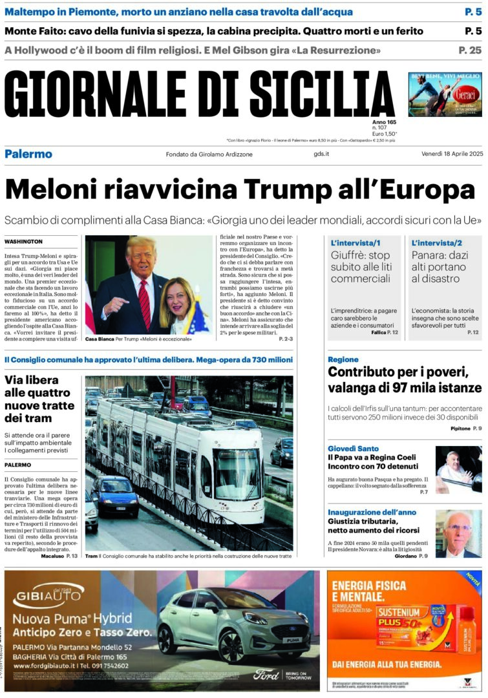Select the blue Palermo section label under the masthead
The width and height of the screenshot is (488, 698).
coord(28,154)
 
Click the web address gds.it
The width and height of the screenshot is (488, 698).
coord(321,154)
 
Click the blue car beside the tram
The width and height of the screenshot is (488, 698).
coord(114,494)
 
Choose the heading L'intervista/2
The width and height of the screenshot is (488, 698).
coord(437,242)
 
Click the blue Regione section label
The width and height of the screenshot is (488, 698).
coord(343,359)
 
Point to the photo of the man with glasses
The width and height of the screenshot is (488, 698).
coord(458,534)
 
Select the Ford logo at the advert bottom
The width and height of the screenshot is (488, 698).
coord(266,675)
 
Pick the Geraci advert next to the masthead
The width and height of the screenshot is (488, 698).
coord(445,94)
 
